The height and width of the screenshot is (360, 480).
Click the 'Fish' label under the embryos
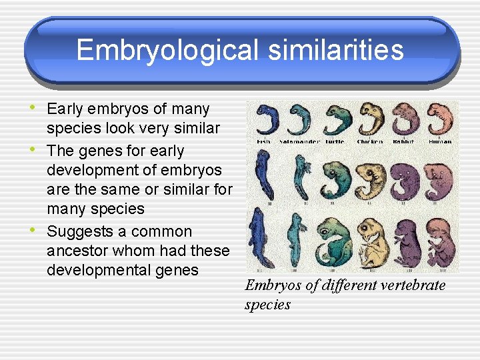pyautogui.click(x=263, y=141)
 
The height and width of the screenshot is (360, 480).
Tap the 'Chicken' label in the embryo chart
pyautogui.click(x=369, y=141)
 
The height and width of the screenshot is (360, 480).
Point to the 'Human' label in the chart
pyautogui.click(x=440, y=141)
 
